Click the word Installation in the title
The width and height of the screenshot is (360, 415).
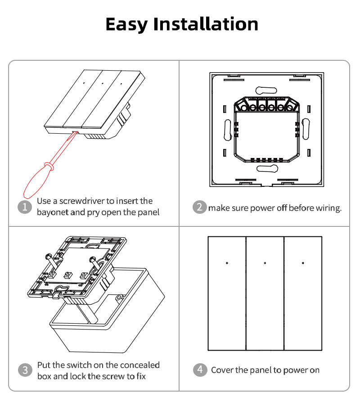coord(206,24)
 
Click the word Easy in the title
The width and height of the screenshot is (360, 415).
coord(126,25)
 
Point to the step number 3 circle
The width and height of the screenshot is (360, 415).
coord(25,370)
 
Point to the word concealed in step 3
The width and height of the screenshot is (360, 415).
coord(139,365)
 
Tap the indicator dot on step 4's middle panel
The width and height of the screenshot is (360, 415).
coord(265,263)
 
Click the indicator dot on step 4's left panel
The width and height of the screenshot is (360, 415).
coord(227,263)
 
